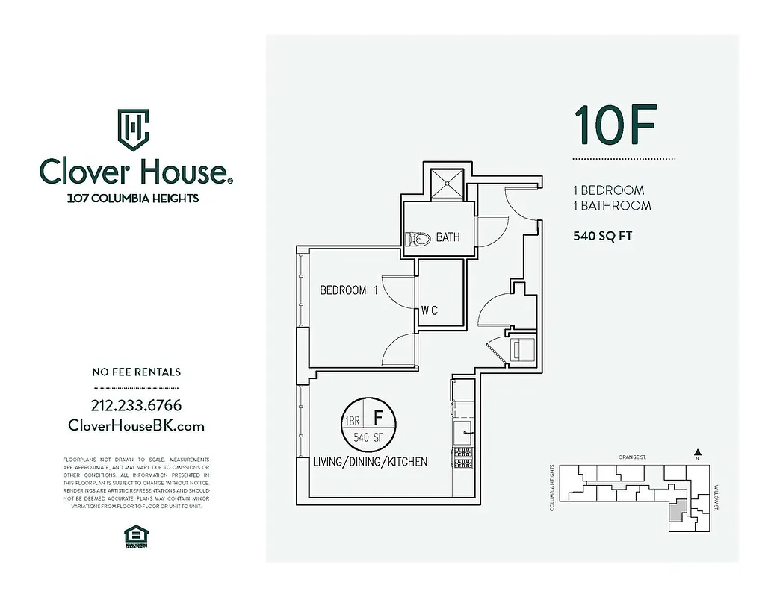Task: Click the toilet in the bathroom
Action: coord(418,239)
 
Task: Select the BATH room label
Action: coord(448,237)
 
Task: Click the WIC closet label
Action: coord(429,310)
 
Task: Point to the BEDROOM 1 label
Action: coord(348,290)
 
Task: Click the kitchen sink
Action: coord(462,430)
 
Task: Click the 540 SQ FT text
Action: coord(602,237)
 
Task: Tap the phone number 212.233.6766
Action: coord(136,406)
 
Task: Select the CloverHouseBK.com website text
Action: coord(136,425)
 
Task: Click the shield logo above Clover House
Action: coord(134,129)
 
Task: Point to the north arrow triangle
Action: coord(697,451)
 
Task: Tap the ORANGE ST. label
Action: coord(631,457)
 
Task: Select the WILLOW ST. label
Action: coord(714,500)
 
